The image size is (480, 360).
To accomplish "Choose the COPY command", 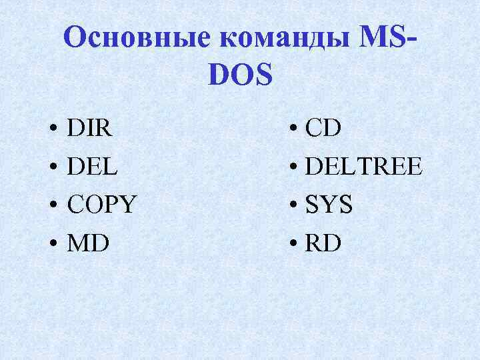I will point(101,205).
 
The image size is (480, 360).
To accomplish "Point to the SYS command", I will point(329,205).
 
